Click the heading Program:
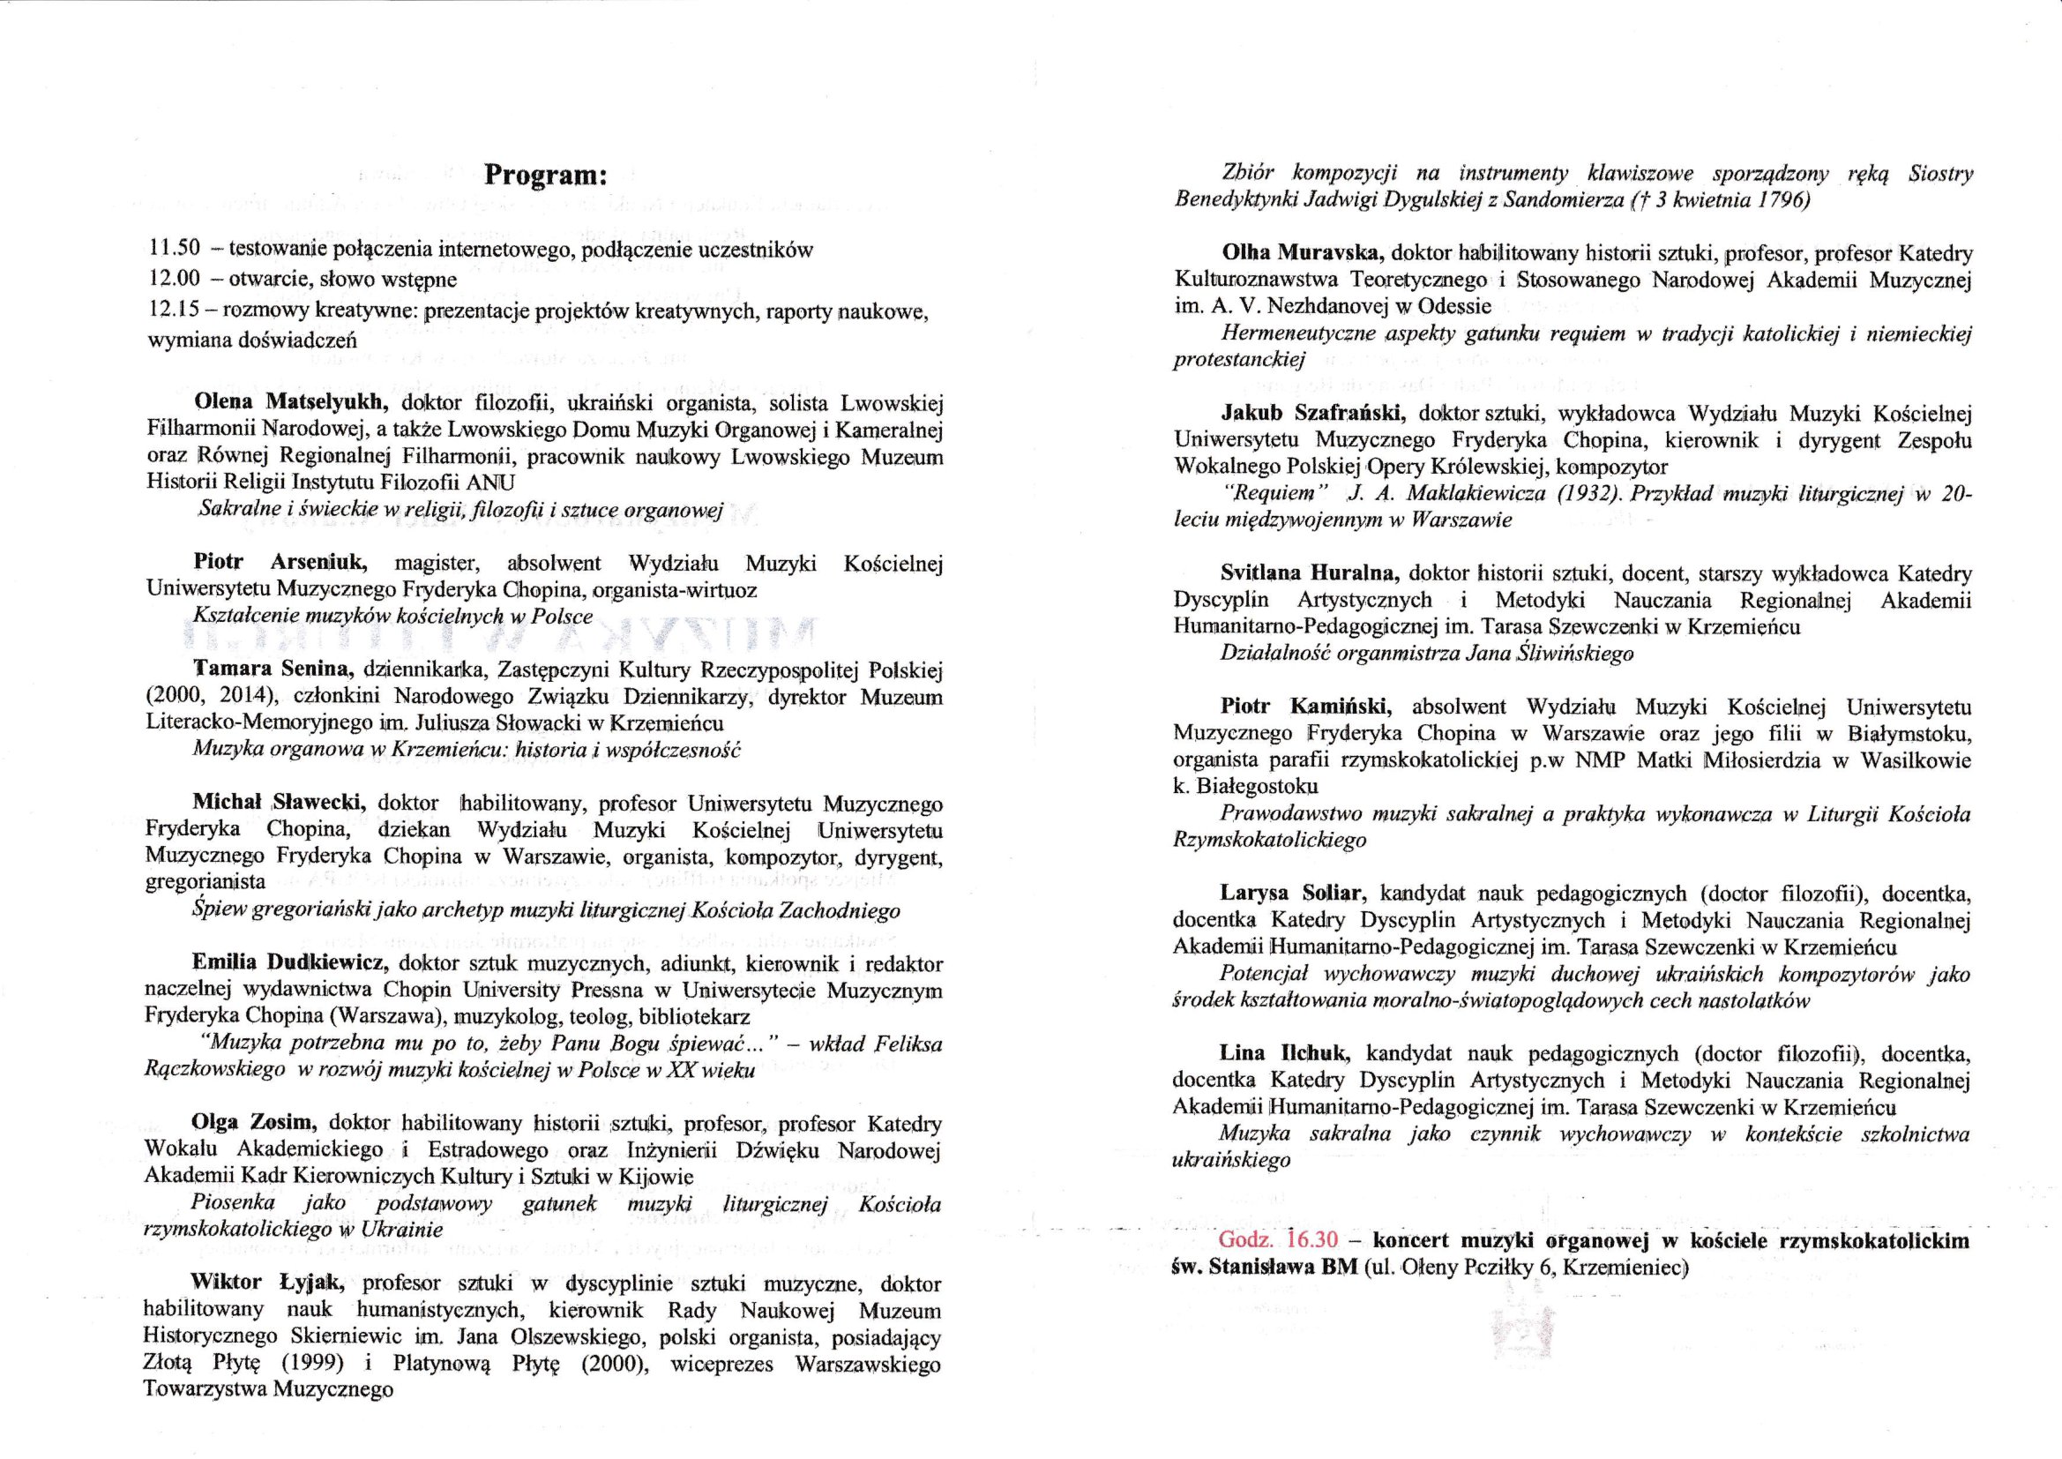pyautogui.click(x=546, y=175)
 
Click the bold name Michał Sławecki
pyautogui.click(x=278, y=802)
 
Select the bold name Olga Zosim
pyautogui.click(x=254, y=1123)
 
